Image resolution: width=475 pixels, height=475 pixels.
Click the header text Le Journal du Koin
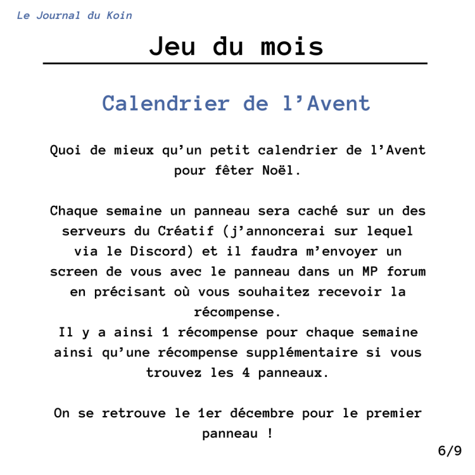coord(74,15)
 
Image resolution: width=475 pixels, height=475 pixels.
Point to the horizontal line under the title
coord(235,63)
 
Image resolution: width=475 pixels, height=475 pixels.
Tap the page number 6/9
coord(450,451)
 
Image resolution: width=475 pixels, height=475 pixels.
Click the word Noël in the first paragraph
coord(279,170)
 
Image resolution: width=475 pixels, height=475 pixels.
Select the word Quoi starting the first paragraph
coord(65,151)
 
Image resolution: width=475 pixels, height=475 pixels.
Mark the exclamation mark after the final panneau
coord(270,434)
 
